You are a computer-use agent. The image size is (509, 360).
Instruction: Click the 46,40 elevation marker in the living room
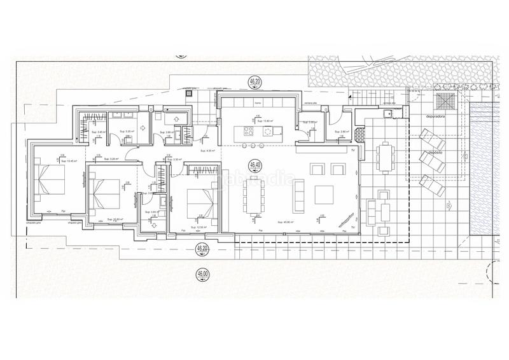coord(256,164)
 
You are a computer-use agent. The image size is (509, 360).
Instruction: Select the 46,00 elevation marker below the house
coord(202,274)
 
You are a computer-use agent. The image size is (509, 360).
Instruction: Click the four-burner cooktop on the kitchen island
coord(248,132)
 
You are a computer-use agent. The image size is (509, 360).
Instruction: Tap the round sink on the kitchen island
coord(268,132)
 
